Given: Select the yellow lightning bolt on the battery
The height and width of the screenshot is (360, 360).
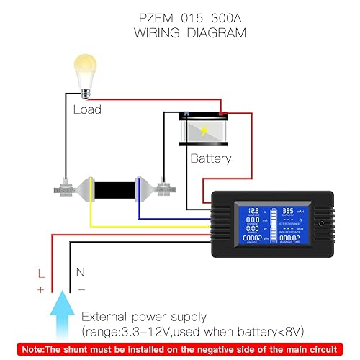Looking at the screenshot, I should tap(207, 132).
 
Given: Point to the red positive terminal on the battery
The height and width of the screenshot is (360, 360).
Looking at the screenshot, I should tap(223, 113).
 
